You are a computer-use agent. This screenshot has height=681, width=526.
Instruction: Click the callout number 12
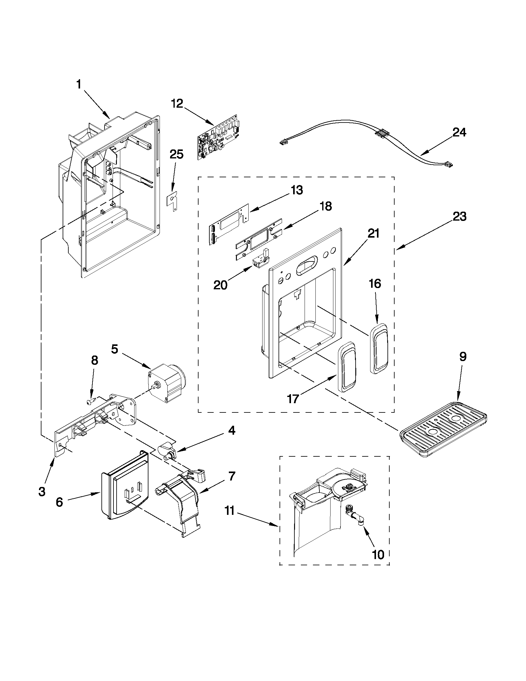pos(177,104)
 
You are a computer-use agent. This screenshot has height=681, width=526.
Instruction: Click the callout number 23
pos(460,216)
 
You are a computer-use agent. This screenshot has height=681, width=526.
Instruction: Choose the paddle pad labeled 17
pos(346,367)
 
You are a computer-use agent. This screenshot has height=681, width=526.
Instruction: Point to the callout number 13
pos(296,190)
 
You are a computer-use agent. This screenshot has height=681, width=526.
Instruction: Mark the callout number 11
pos(229,512)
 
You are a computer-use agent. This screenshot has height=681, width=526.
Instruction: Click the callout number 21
pos(374,233)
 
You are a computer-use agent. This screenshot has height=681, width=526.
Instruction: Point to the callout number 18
pos(326,206)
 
